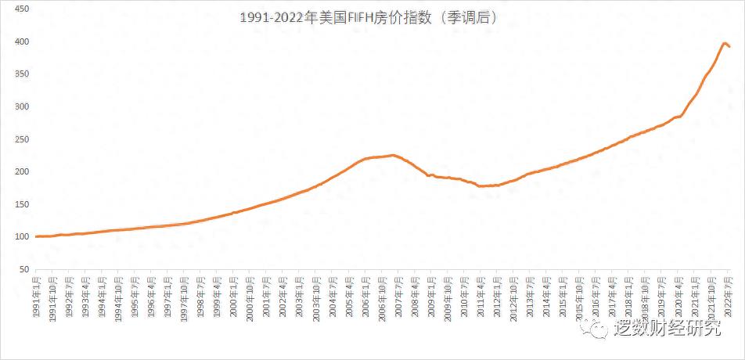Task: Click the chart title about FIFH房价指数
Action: tap(369, 16)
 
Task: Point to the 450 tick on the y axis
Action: tap(22, 9)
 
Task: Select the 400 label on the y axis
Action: tap(22, 41)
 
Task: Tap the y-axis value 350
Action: tap(22, 74)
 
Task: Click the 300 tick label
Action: tap(22, 106)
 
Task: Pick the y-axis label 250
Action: tap(22, 139)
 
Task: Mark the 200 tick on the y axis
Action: tap(22, 172)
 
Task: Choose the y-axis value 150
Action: tap(22, 204)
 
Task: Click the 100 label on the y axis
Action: tap(22, 237)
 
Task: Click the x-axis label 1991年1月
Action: tap(37, 296)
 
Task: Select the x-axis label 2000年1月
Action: tap(233, 296)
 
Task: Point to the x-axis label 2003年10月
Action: tap(315, 297)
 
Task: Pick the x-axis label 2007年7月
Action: tap(398, 296)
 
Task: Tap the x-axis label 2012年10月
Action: tap(513, 297)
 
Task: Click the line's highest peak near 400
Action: tap(725, 43)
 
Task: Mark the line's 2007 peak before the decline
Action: tap(393, 155)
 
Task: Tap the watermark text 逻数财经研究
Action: tap(668, 329)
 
